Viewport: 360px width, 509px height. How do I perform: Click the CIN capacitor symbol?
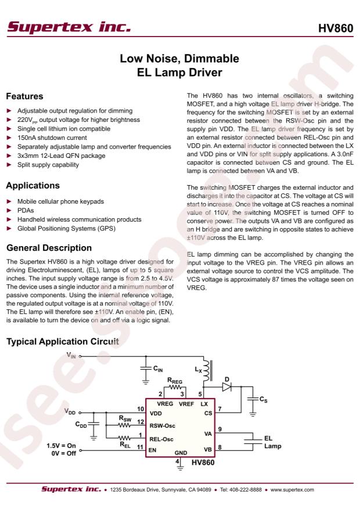143,369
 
